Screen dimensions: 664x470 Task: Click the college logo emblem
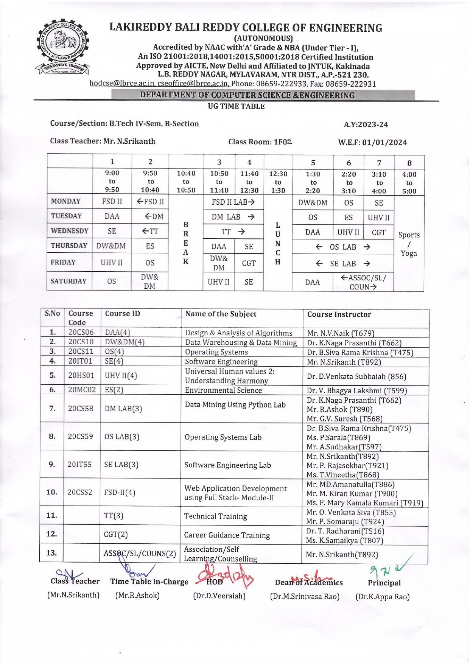point(63,47)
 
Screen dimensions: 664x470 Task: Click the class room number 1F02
point(282,142)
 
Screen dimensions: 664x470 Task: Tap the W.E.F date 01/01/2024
point(384,143)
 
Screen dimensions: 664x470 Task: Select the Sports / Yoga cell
point(409,244)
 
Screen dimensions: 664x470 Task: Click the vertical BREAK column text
point(186,243)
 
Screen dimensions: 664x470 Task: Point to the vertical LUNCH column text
point(278,244)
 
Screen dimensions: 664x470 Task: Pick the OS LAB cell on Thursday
point(343,247)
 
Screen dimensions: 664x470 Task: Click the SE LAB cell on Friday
point(343,264)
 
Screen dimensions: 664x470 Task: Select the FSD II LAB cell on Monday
point(233,202)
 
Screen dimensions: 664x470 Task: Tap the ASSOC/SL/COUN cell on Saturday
point(363,282)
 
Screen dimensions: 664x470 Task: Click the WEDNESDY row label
point(70,231)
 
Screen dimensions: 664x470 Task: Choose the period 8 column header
point(409,163)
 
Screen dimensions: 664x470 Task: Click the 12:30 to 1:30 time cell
point(278,182)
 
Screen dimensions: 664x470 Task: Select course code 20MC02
point(82,390)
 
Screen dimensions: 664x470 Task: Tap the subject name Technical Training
point(215,516)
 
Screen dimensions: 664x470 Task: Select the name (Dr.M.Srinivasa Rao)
point(305,597)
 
